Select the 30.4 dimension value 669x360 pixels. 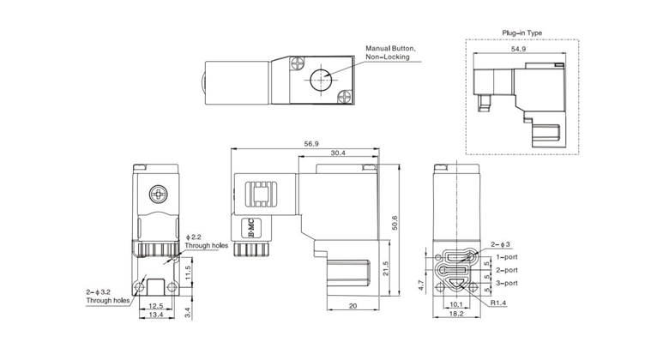337,153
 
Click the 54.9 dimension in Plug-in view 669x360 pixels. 519,51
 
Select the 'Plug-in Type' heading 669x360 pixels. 521,33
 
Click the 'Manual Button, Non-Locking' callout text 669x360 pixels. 390,53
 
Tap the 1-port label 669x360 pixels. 506,255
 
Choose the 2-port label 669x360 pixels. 506,269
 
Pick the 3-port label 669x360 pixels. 506,283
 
